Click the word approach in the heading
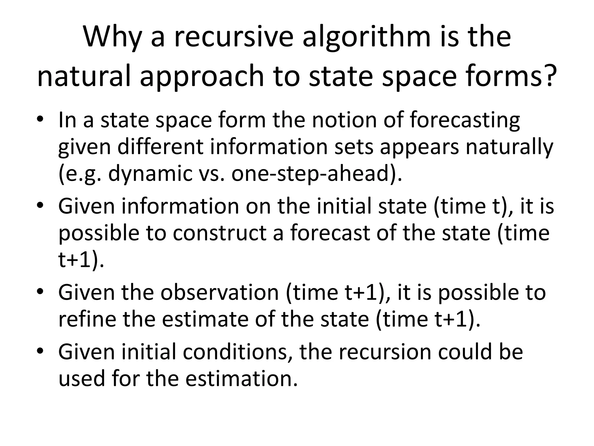[x=202, y=76]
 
